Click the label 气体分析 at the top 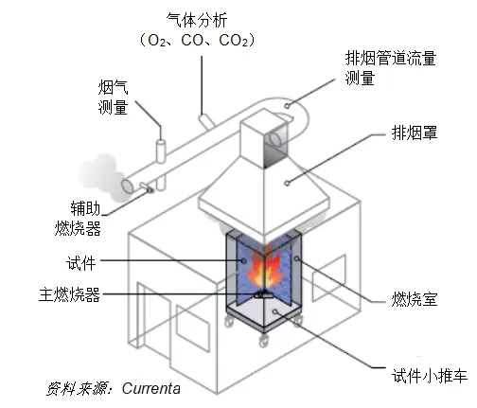197,20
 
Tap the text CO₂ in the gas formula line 234,41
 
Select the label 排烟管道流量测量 390,68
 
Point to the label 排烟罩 415,133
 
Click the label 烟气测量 113,97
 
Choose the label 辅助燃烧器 78,219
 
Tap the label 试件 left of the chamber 80,263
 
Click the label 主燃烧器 69,294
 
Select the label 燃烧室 415,299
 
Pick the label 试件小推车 430,376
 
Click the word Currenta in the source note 151,388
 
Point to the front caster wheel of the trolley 264,340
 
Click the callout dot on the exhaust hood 287,183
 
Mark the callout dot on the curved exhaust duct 287,105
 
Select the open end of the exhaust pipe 128,186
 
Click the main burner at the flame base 263,294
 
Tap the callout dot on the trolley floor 275,311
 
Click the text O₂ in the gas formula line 156,41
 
